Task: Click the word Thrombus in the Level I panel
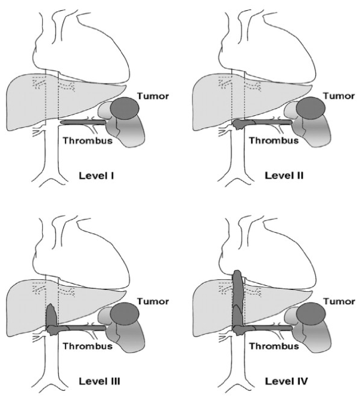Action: pos(84,141)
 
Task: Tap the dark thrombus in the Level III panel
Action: pos(52,316)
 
